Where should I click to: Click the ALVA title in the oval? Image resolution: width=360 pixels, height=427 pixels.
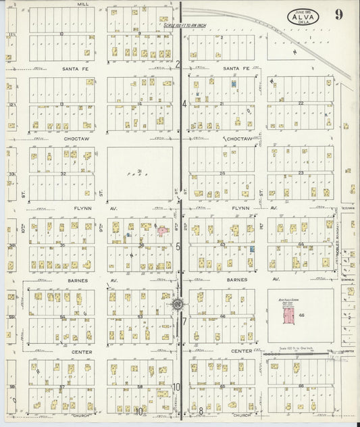pyautogui.click(x=301, y=18)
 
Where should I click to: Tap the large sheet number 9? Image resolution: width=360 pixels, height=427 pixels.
pyautogui.click(x=338, y=15)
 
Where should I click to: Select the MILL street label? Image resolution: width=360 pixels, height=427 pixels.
pyautogui.click(x=82, y=4)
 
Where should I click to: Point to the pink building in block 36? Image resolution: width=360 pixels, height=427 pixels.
pyautogui.click(x=162, y=231)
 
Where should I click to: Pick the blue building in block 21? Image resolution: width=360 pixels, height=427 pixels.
pyautogui.click(x=234, y=84)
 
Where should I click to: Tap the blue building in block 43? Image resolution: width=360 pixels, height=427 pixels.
pyautogui.click(x=251, y=249)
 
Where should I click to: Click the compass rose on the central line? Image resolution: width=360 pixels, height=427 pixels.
pyautogui.click(x=177, y=304)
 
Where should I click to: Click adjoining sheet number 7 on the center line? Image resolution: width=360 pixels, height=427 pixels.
pyautogui.click(x=183, y=322)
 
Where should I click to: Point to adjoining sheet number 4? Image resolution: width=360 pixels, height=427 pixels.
pyautogui.click(x=184, y=104)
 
